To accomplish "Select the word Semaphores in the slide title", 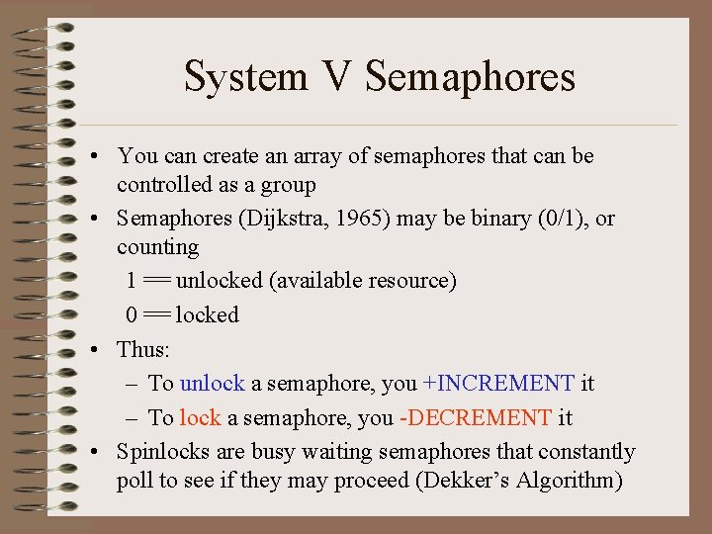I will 470,76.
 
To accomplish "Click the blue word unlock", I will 212,383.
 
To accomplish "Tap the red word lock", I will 200,417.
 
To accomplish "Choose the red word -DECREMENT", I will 475,417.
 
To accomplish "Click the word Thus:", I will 142,349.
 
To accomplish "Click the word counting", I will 157,246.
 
